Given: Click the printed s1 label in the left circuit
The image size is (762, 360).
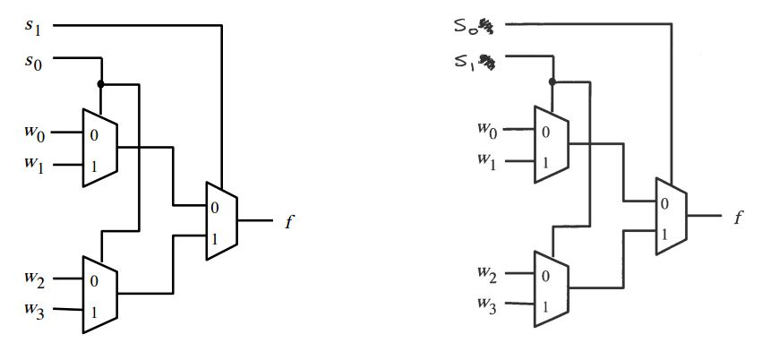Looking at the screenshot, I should [x=34, y=26].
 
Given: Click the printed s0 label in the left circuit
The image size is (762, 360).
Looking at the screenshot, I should [x=34, y=62].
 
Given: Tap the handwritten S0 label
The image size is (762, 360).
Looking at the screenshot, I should [x=470, y=26].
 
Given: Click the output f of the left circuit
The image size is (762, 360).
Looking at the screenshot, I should [x=289, y=221].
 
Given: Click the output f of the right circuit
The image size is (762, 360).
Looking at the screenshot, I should [x=738, y=217].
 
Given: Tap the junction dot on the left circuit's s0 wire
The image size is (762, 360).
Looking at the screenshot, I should [x=102, y=84].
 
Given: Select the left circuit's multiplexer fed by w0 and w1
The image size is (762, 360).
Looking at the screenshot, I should [x=99, y=149].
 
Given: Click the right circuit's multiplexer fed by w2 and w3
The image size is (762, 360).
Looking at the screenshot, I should [x=551, y=288].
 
